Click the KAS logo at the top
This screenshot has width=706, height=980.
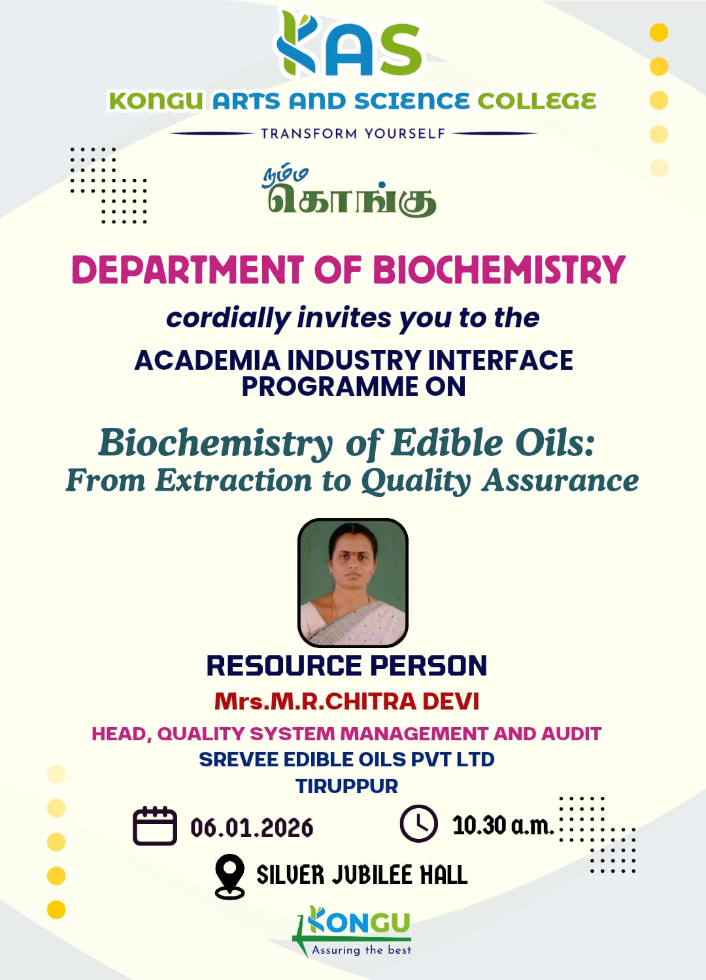[x=349, y=43]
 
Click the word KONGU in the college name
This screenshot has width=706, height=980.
[x=156, y=101]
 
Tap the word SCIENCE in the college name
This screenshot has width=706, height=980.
[x=412, y=101]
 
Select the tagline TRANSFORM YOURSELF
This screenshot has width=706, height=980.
[x=353, y=133]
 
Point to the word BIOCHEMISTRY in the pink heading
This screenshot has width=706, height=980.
[x=499, y=269]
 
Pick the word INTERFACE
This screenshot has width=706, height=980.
[x=500, y=360]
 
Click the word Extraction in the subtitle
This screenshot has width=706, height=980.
[x=234, y=480]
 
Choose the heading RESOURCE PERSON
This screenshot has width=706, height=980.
[x=346, y=666]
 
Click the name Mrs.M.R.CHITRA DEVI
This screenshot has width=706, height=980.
[x=346, y=701]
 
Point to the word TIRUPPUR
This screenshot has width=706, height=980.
[x=346, y=786]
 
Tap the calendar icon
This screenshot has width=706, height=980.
[x=155, y=826]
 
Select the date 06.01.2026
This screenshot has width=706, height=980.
[x=252, y=827]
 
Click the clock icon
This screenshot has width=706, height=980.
[x=418, y=823]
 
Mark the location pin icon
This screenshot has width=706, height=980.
[x=230, y=876]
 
